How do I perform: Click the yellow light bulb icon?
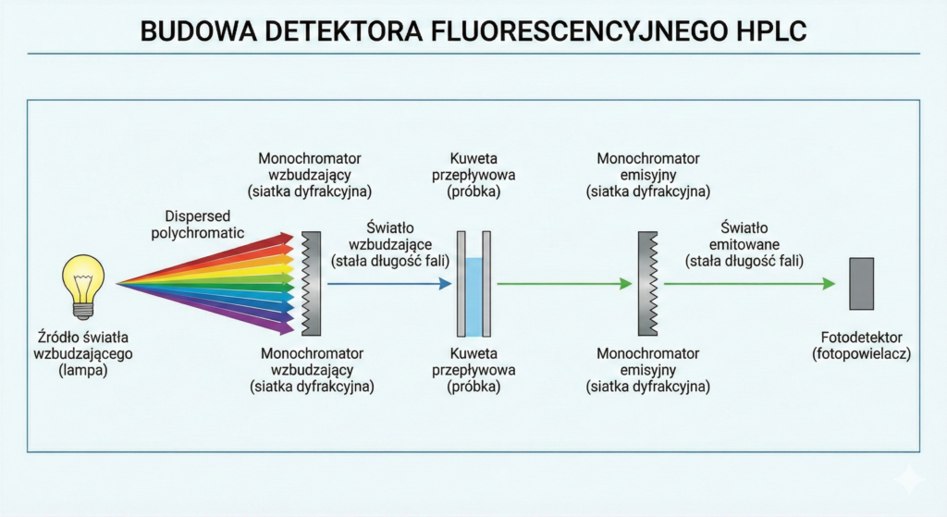click(82, 282)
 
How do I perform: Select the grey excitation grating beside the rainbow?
click(313, 283)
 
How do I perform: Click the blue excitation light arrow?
click(388, 284)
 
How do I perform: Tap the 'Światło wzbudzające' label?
click(390, 244)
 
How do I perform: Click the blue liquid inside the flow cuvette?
click(473, 296)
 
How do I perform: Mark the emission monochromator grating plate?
click(646, 283)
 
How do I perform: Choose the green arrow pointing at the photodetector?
click(749, 284)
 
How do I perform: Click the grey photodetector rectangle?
click(861, 284)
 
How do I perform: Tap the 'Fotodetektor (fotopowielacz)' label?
click(861, 345)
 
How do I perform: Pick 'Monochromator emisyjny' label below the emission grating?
click(647, 370)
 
